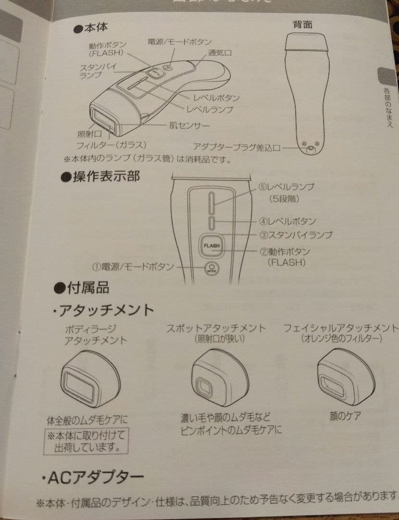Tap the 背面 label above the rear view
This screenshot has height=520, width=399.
click(302, 24)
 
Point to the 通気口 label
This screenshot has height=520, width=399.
click(220, 53)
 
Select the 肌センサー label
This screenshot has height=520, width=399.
click(189, 126)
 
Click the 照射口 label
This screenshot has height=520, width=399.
click(88, 134)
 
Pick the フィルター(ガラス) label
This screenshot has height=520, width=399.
click(111, 144)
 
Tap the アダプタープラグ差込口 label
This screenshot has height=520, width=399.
click(237, 147)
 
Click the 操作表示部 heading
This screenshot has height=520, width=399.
click(100, 177)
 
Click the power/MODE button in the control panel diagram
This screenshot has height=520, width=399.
click(212, 268)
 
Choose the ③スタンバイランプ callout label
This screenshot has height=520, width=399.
click(296, 235)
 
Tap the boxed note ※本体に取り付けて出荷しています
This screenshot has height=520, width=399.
click(87, 441)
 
